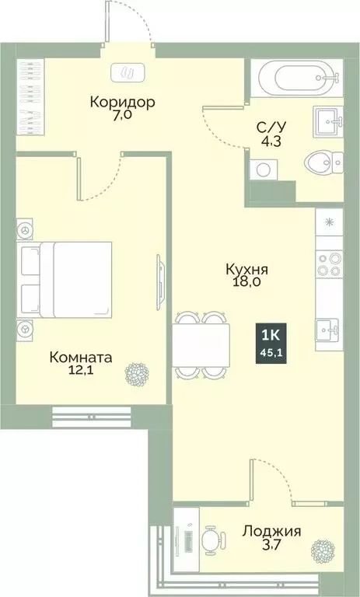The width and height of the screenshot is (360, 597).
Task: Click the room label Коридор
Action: (x=123, y=103)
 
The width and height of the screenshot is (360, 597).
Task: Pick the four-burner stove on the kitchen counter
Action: (x=329, y=265)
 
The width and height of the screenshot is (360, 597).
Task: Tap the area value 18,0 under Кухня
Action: (x=246, y=284)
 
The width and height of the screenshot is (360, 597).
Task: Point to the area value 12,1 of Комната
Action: (x=80, y=372)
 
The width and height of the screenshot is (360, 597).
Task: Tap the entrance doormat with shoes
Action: (x=128, y=73)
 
